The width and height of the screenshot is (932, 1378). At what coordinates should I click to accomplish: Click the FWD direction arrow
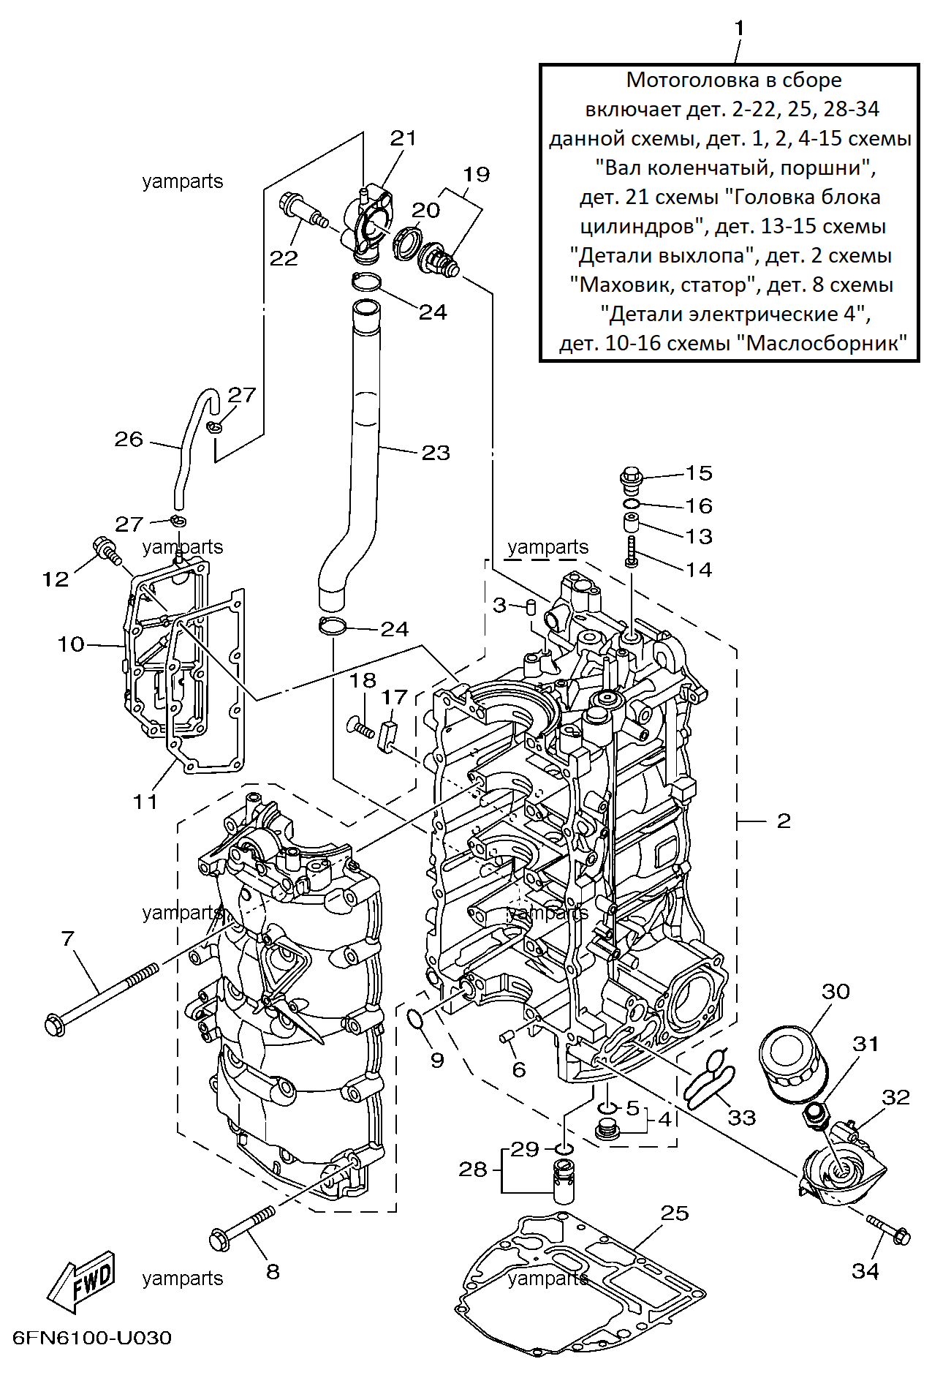(x=81, y=1281)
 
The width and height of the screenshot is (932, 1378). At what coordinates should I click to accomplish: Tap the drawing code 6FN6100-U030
(x=92, y=1338)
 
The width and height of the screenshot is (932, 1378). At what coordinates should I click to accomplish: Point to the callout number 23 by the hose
(x=436, y=453)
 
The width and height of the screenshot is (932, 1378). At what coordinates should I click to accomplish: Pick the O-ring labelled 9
(x=416, y=1018)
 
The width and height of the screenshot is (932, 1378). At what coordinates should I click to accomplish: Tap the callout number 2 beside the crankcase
(x=784, y=821)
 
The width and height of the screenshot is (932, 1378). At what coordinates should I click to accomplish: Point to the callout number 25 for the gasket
(x=675, y=1213)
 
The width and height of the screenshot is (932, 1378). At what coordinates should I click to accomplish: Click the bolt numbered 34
(x=888, y=1230)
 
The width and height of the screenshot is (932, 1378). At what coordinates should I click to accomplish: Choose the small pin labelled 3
(x=532, y=606)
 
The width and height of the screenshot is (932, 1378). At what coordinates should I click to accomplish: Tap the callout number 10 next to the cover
(x=71, y=644)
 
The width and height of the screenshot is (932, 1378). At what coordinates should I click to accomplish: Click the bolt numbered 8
(x=242, y=1229)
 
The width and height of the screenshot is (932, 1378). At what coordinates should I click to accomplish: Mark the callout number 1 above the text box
(x=739, y=29)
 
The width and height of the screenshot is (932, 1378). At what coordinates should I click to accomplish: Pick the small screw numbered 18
(x=360, y=727)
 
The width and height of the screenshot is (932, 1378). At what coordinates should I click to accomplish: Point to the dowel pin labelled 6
(x=507, y=1038)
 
